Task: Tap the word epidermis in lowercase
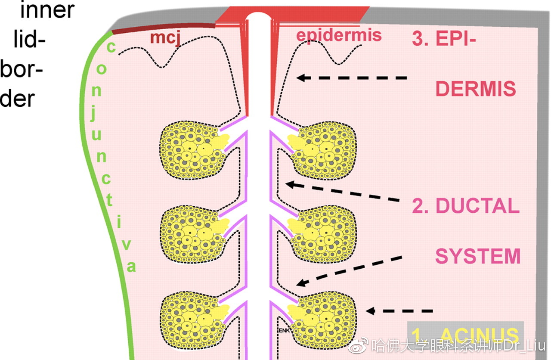click(x=339, y=35)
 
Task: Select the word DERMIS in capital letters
click(x=476, y=89)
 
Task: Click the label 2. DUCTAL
click(x=465, y=206)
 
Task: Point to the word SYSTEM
click(x=478, y=256)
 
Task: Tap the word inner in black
click(x=47, y=10)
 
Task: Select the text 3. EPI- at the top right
click(x=444, y=38)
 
